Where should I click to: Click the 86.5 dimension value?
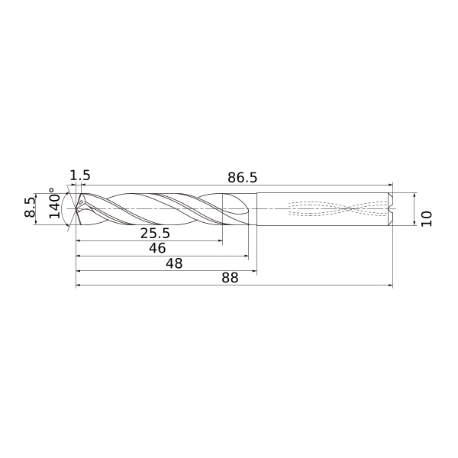[x=243, y=178]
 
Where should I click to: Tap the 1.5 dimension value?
[x=80, y=176]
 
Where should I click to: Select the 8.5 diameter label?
[x=30, y=208]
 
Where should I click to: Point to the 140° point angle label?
[x=55, y=203]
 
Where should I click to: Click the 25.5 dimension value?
[x=155, y=233]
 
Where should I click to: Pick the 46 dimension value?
[x=157, y=248]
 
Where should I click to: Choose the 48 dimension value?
[x=174, y=263]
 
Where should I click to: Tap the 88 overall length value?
[x=231, y=278]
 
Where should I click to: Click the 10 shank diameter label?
[x=427, y=218]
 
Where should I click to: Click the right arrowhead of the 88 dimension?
[x=391, y=285]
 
